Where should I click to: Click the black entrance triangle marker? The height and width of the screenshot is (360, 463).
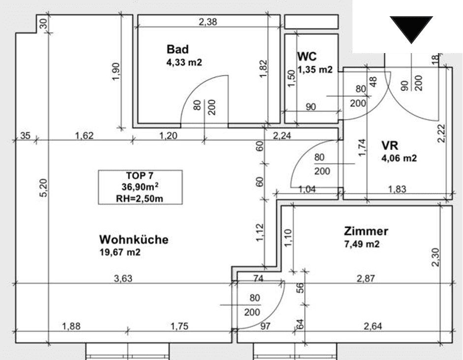(x=411, y=29)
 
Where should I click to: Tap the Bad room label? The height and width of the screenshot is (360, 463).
(x=177, y=49)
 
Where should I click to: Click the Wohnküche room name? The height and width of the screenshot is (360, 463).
(x=134, y=240)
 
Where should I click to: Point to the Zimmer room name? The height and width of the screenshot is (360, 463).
(x=366, y=231)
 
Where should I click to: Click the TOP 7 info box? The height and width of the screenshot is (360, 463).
(x=140, y=187)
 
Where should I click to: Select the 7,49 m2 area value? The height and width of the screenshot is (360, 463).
(x=362, y=244)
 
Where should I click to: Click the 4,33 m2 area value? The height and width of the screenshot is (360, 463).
(x=184, y=62)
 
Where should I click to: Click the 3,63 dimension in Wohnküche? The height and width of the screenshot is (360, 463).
(x=123, y=279)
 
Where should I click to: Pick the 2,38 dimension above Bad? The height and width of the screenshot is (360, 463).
(x=207, y=21)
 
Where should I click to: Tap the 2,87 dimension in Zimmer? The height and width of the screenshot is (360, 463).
(x=366, y=279)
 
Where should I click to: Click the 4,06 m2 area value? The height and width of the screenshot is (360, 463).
(x=399, y=158)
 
